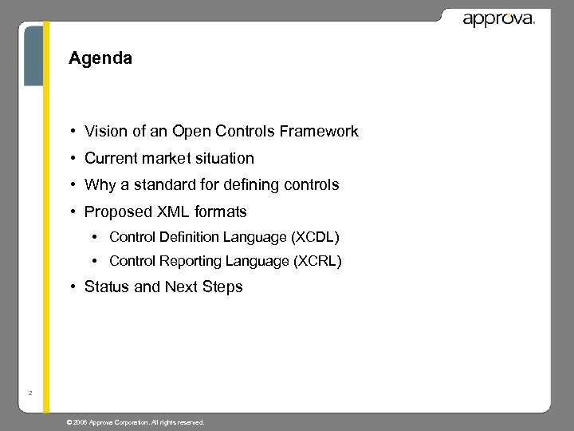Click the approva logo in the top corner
[498, 18]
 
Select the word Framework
[327, 132]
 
